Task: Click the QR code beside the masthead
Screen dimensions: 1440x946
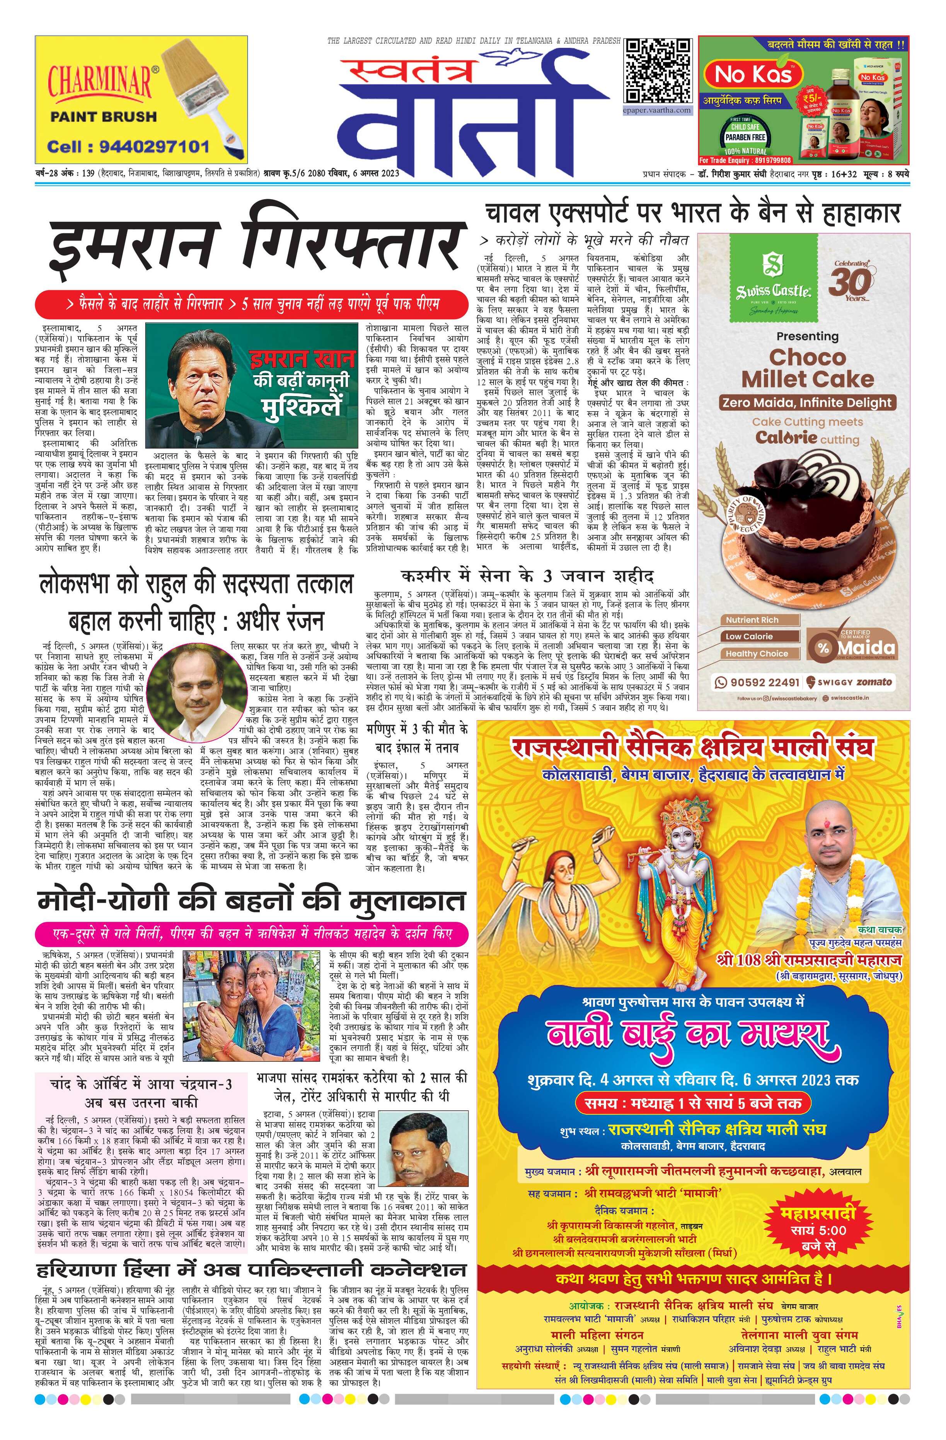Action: [658, 71]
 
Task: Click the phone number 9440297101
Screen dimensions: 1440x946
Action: [128, 147]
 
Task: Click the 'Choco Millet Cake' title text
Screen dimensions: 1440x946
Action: [808, 367]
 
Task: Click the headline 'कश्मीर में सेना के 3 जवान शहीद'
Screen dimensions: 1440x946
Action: [526, 574]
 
